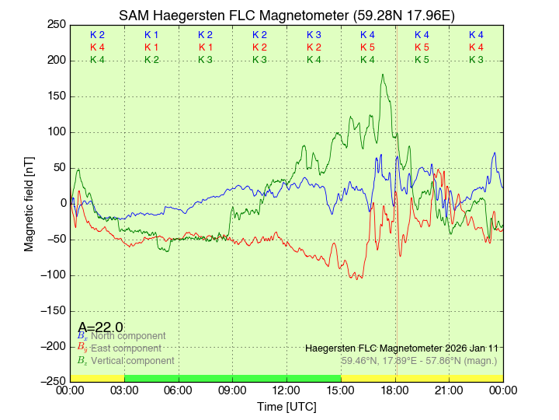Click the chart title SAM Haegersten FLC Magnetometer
point(286,16)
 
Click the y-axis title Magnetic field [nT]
point(29,202)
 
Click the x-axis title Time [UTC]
point(286,407)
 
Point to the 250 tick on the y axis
point(57,24)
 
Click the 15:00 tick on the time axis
point(341,390)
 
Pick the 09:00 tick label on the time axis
point(233,390)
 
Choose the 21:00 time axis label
point(449,390)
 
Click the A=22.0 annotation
point(100,327)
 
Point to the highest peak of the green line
point(383,75)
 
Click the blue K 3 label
point(314,35)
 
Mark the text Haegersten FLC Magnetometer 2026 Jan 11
point(402,348)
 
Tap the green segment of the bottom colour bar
point(232,378)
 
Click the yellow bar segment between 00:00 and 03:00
point(97,378)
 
